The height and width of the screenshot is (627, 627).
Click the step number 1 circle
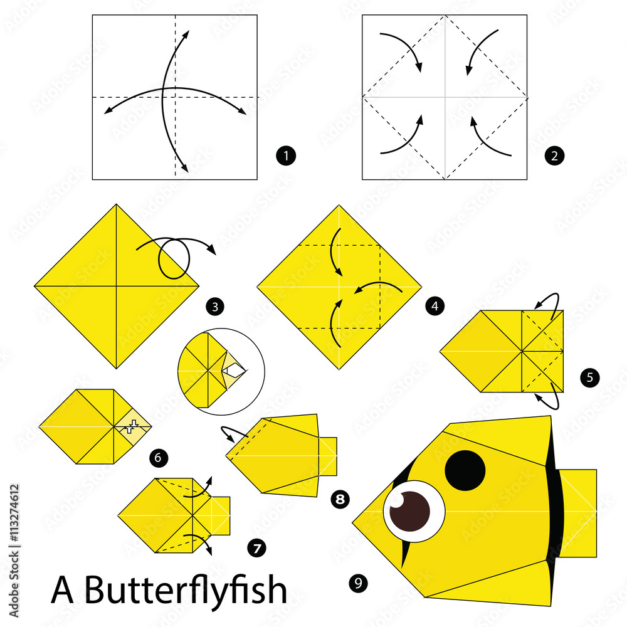coord(286,155)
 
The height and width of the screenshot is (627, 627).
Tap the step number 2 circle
coord(554,155)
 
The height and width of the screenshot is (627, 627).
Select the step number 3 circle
coord(215,307)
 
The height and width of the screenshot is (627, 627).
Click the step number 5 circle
coord(589,377)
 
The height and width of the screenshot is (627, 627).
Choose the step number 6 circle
coord(159,458)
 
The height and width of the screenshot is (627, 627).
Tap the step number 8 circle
coord(340,499)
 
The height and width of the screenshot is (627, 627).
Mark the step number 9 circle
coord(357,584)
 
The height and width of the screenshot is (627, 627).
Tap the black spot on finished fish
coord(465,470)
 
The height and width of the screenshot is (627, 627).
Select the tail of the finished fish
coord(577,512)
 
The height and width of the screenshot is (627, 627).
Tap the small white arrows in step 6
coord(131,428)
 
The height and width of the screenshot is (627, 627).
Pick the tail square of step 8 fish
coord(327,456)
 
